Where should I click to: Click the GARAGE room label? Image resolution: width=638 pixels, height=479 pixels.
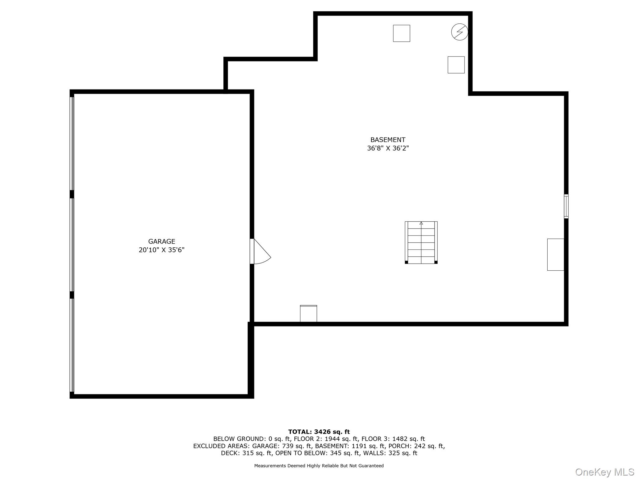161,241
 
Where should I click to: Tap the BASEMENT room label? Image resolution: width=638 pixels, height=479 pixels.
388,140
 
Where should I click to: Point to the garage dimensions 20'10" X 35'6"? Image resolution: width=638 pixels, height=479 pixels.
161,250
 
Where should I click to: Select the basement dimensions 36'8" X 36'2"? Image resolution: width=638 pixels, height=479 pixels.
388,148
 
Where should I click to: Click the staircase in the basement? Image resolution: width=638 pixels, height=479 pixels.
421,243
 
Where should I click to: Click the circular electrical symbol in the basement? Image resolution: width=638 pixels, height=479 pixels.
459,32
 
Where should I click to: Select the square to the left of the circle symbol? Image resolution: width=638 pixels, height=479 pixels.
401,33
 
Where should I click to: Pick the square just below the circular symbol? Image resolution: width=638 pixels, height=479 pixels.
456,65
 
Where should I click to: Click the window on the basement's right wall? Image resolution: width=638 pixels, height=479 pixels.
566,206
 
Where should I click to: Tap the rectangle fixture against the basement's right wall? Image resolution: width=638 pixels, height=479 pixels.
555,254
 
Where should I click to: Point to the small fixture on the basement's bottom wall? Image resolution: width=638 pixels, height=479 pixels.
308,313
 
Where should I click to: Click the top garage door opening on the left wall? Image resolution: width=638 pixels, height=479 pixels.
72,143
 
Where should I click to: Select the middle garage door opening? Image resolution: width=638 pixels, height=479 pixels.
72,244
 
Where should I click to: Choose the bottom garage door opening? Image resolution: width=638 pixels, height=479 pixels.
72,345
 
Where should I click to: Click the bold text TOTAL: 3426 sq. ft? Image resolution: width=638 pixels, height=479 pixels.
319,432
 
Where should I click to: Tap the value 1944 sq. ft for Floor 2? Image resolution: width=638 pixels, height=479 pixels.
341,439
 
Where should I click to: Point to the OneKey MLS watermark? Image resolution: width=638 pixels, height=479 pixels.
605,472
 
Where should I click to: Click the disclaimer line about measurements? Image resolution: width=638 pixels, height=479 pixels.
319,466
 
